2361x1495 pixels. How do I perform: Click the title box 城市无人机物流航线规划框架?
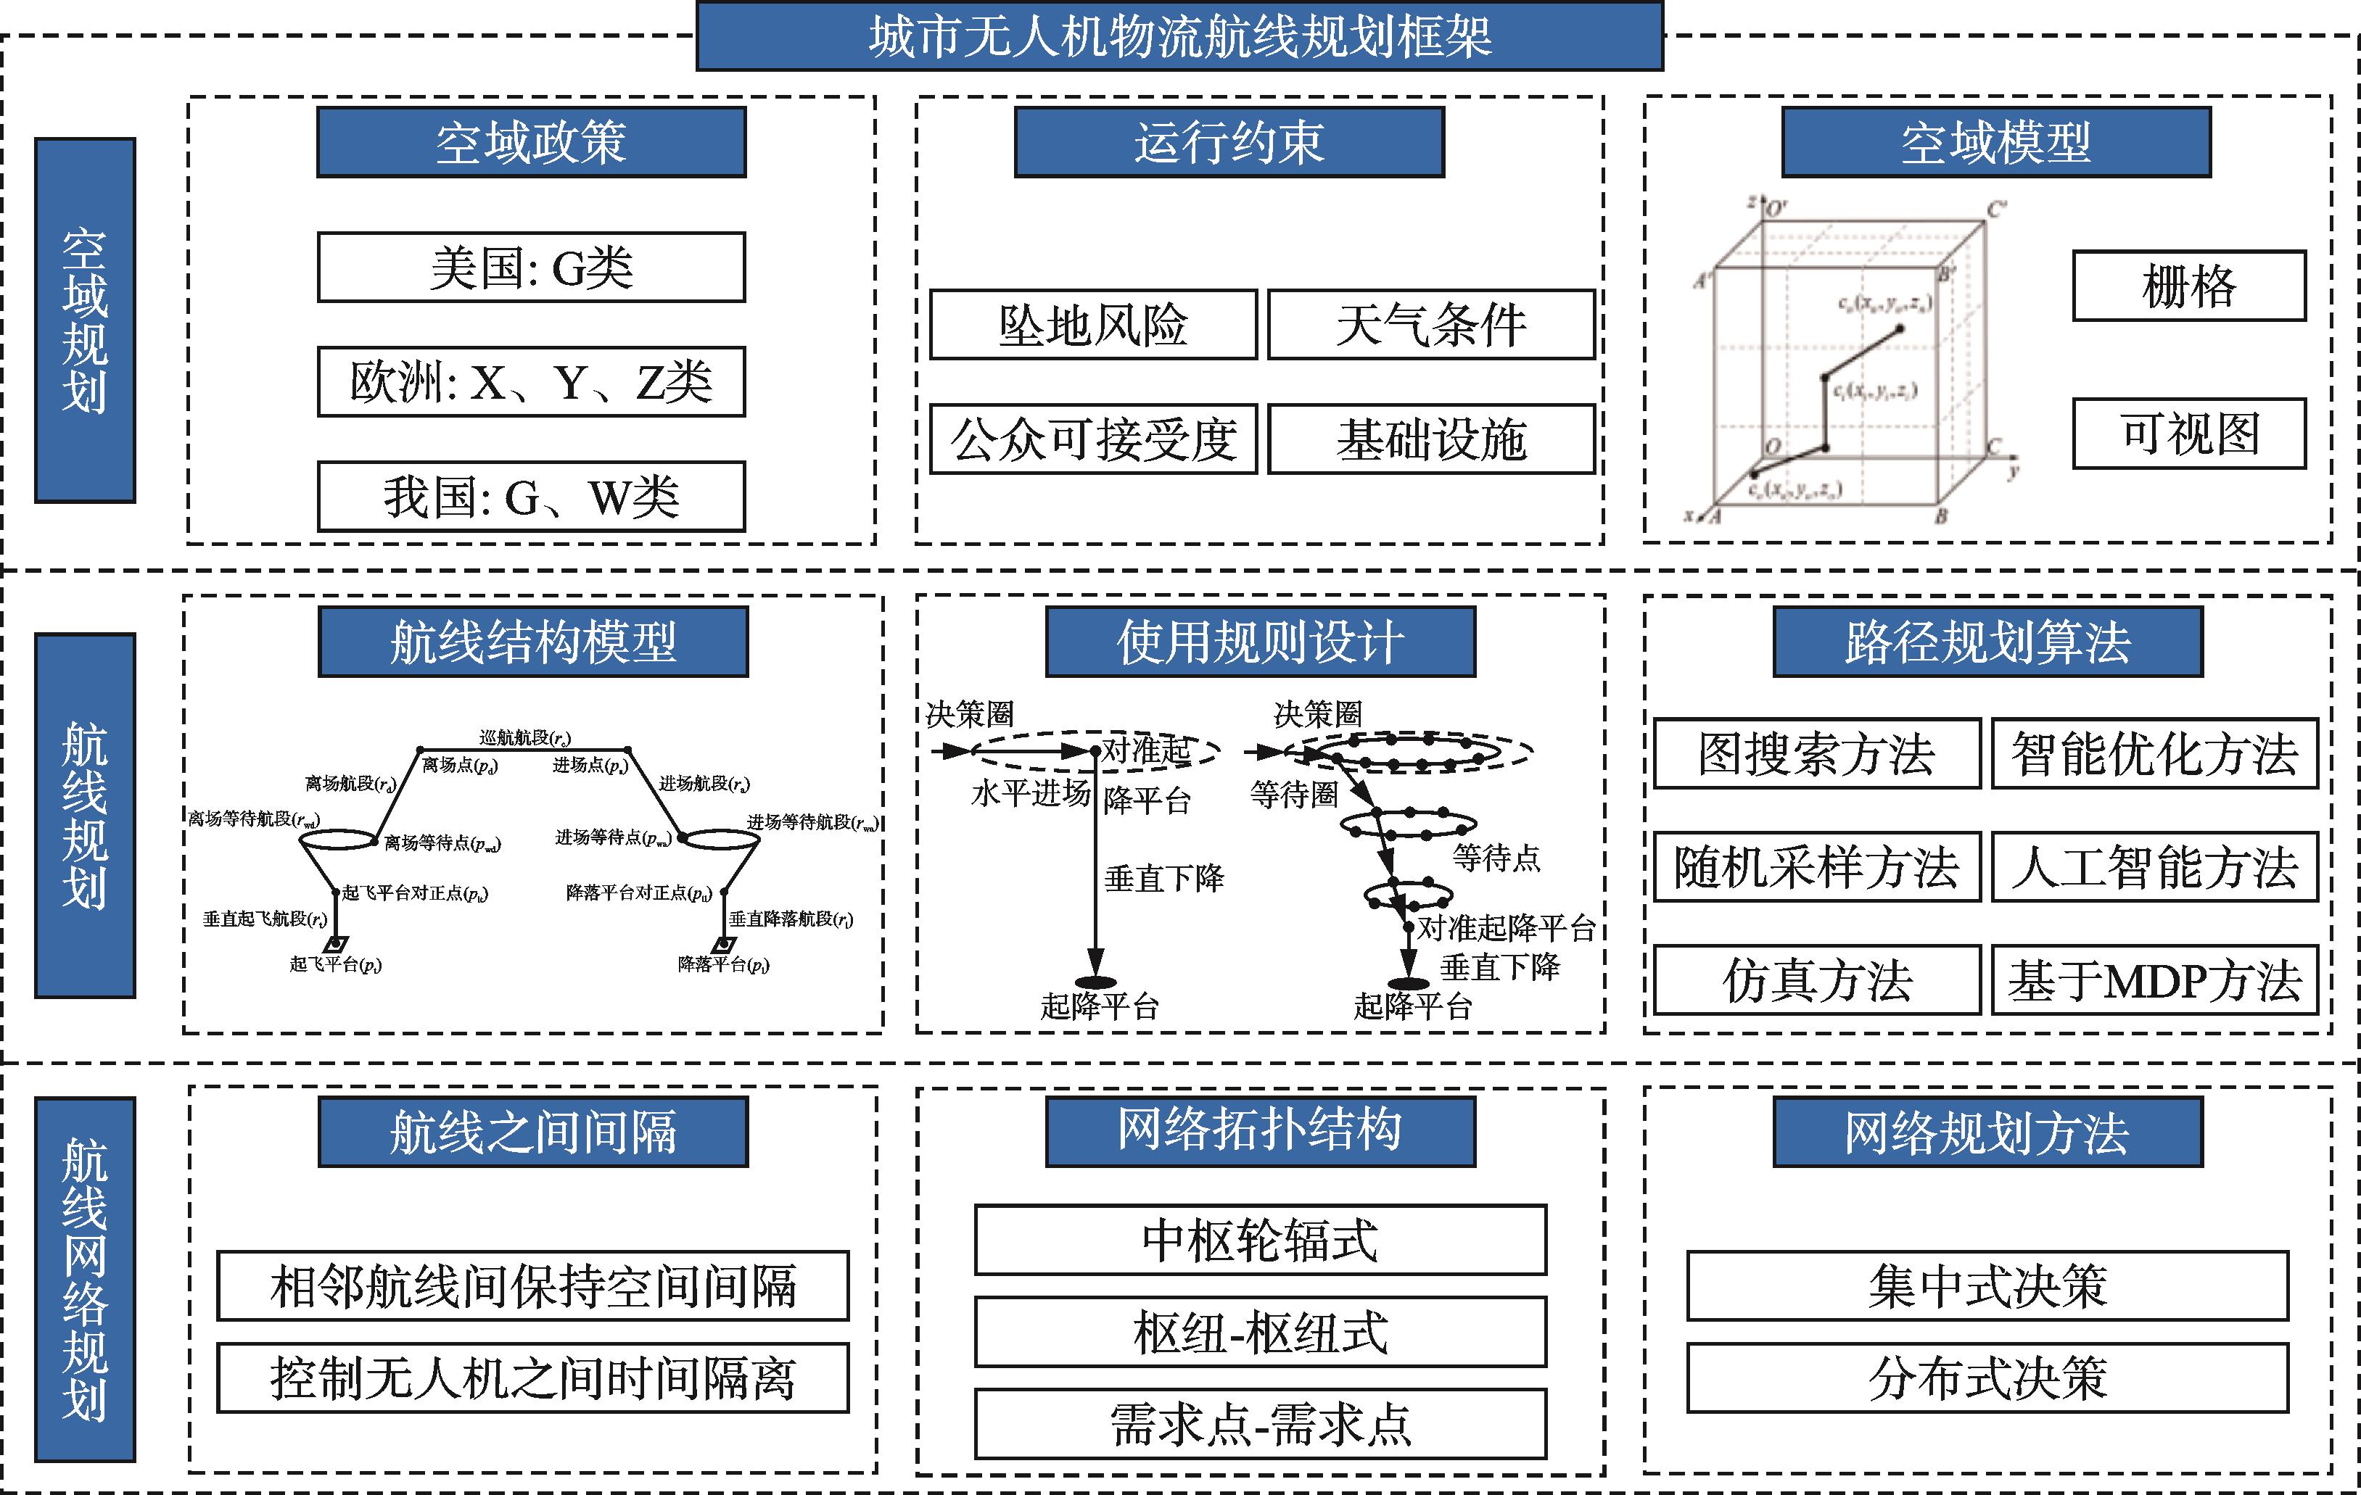click(x=1179, y=36)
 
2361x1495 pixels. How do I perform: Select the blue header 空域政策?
click(x=532, y=143)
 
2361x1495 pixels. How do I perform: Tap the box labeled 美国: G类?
click(x=532, y=268)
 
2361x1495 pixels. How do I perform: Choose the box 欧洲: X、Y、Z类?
click(x=532, y=382)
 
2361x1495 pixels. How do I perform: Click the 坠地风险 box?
click(x=1093, y=325)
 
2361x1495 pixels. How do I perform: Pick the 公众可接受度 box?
click(x=1093, y=439)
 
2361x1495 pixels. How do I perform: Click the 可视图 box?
click(x=2188, y=434)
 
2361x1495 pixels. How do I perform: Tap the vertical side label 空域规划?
click(x=86, y=320)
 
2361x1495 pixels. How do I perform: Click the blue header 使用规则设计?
click(x=1260, y=642)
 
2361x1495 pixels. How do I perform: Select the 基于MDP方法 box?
click(x=2154, y=980)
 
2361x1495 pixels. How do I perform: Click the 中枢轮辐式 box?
click(x=1260, y=1240)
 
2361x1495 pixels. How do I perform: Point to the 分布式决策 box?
click(x=1987, y=1378)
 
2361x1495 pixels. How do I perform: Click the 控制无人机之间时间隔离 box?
click(x=532, y=1378)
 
